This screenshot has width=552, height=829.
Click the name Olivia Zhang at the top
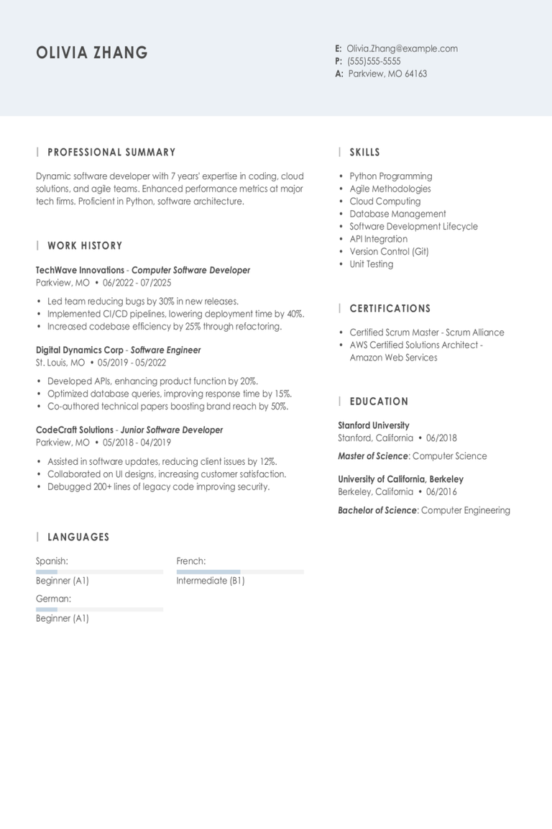[x=92, y=53]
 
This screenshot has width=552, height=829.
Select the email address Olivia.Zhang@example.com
[x=402, y=49]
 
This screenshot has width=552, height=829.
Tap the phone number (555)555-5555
[x=374, y=61]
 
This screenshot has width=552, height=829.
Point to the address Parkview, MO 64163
[x=387, y=73]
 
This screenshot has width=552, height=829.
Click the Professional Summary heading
[x=111, y=153]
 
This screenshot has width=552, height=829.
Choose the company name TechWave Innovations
[x=80, y=271]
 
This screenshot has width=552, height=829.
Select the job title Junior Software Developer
[x=171, y=430]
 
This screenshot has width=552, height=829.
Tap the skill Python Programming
[x=390, y=176]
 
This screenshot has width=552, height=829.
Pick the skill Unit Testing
[x=371, y=264]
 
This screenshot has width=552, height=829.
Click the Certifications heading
[x=390, y=309]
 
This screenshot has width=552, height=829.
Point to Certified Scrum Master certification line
[x=426, y=332]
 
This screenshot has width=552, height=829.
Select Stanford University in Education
[x=373, y=425]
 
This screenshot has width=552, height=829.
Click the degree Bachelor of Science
[x=377, y=510]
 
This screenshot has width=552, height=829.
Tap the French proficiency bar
[x=240, y=572]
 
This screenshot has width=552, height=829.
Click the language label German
[x=53, y=599]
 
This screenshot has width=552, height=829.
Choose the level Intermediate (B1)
[x=210, y=581]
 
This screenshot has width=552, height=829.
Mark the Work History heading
[x=85, y=246]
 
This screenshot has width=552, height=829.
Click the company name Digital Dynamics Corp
[x=79, y=350]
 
